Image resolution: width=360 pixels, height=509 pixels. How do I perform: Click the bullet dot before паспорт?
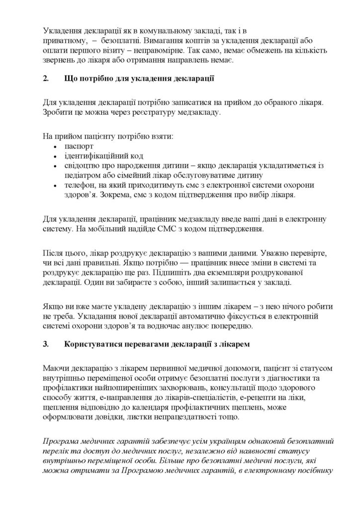click(55, 147)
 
